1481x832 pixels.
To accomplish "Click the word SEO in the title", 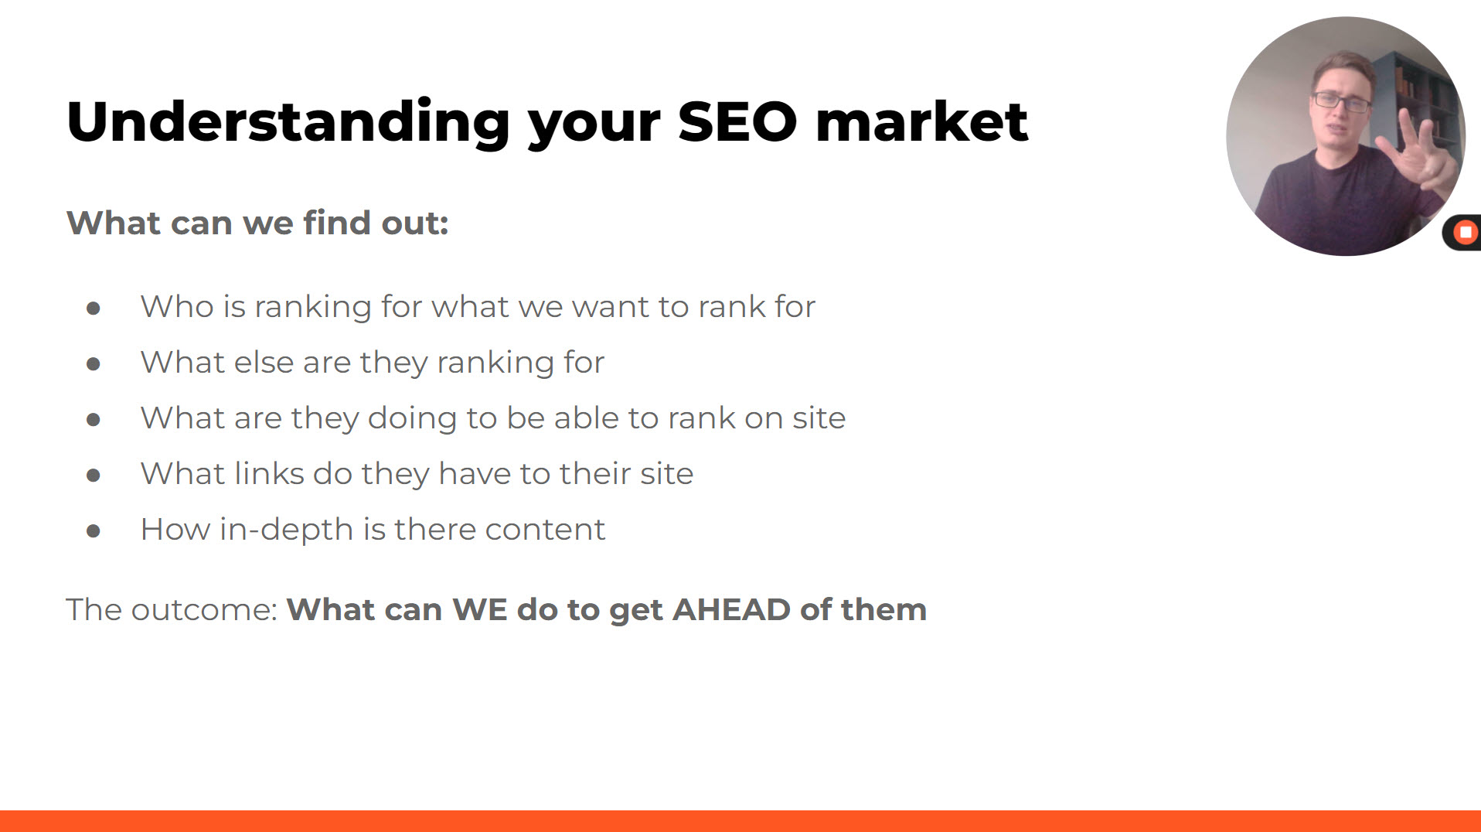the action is click(x=737, y=121).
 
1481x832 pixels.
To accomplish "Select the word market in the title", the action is click(x=921, y=121).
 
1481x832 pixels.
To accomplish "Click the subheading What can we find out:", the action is click(x=257, y=223).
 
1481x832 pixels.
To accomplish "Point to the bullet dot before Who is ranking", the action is click(x=94, y=309).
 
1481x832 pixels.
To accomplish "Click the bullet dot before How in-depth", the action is click(x=94, y=531).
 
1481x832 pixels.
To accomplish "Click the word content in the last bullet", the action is click(x=545, y=530).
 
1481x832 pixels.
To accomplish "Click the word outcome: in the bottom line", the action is click(x=204, y=609).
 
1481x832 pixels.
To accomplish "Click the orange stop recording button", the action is click(x=1465, y=232).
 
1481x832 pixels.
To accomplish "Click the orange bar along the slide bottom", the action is click(x=740, y=821).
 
